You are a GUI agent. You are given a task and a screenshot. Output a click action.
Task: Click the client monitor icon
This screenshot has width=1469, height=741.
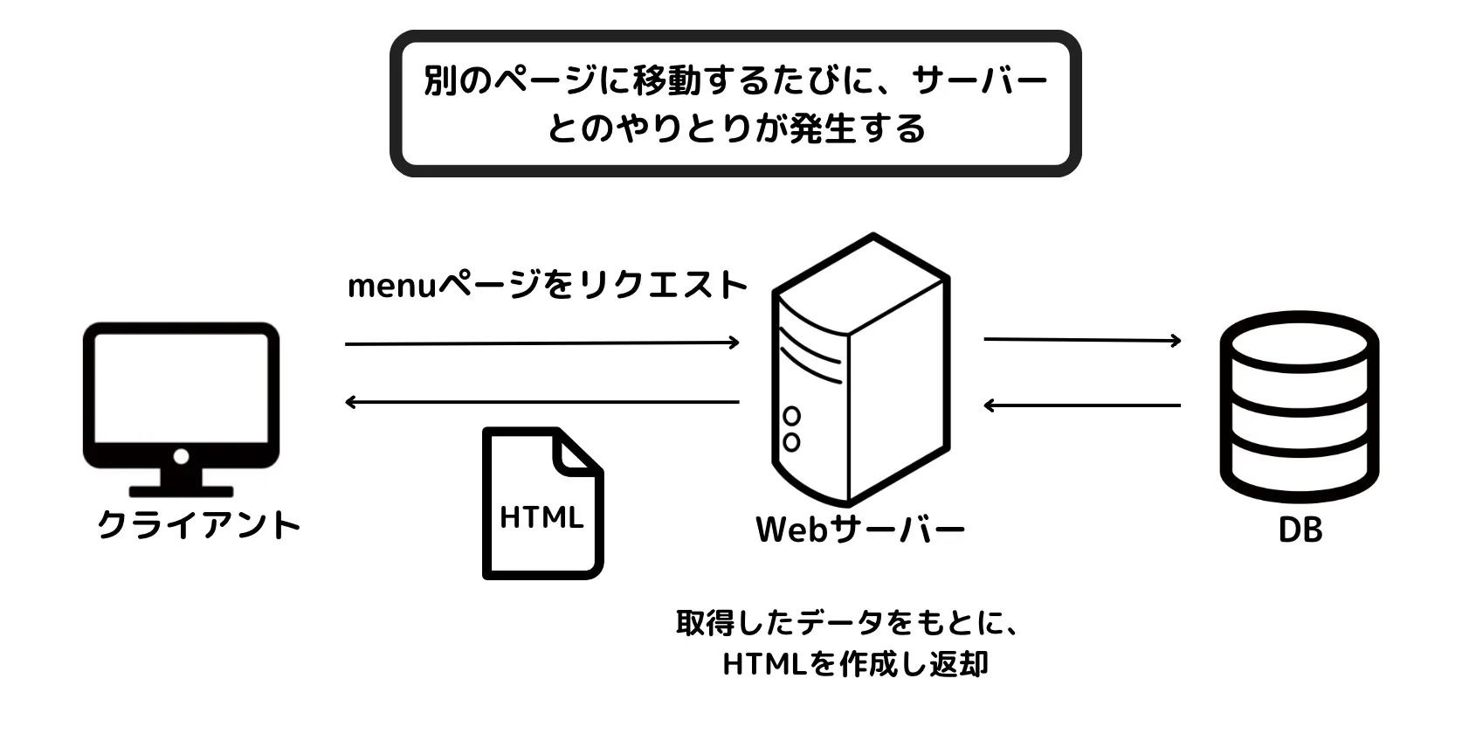(x=181, y=406)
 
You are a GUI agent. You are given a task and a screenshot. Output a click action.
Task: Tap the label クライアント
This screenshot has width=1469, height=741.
(x=199, y=525)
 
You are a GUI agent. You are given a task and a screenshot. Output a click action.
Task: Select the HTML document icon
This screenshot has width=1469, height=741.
(x=542, y=503)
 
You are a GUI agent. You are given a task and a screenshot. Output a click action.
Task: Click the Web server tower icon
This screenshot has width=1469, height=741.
(x=859, y=370)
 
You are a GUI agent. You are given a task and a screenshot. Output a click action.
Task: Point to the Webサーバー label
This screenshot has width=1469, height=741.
(x=860, y=530)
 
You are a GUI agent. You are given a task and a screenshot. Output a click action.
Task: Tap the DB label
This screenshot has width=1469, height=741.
(x=1300, y=530)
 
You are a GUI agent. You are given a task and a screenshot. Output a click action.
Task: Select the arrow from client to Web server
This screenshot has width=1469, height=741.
(x=542, y=343)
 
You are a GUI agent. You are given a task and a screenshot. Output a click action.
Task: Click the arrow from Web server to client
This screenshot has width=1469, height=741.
(x=542, y=402)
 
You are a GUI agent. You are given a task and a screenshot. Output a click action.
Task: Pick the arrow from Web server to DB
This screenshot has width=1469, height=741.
(x=1082, y=340)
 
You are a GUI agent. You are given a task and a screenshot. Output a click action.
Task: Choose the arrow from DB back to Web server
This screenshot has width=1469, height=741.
(x=1082, y=405)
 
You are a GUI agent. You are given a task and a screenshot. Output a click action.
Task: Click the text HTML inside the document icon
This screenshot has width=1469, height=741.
(x=541, y=517)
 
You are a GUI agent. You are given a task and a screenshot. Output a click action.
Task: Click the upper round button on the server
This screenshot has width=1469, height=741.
(x=792, y=415)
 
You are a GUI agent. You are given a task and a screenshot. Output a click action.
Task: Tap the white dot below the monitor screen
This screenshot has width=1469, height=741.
(x=181, y=456)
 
